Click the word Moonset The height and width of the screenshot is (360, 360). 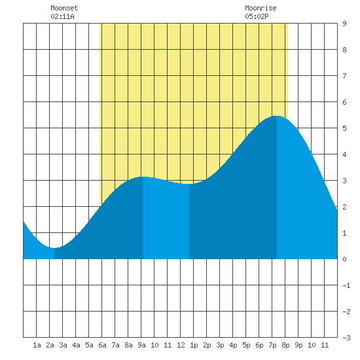tap(64, 8)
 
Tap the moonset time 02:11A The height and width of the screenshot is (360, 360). tap(62, 16)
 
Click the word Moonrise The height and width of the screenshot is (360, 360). tap(261, 8)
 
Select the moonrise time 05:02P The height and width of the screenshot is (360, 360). tap(257, 16)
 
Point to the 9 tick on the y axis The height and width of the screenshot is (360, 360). tap(344, 24)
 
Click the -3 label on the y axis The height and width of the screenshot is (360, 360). tap(346, 338)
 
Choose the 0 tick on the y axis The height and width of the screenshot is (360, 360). tap(344, 259)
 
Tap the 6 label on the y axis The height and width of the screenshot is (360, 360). tap(344, 102)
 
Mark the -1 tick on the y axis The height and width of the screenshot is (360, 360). tap(346, 285)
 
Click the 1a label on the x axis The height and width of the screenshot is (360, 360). tap(37, 345)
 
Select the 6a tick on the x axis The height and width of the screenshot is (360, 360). tap(102, 345)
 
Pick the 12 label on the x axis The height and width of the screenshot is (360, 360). tap(181, 345)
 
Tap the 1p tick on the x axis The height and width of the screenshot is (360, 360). tap(194, 345)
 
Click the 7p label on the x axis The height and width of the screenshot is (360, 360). tap(272, 345)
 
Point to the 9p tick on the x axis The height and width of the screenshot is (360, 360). tap(298, 345)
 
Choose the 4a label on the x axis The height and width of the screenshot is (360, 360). tap(76, 345)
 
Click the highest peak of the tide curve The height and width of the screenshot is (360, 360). tap(277, 116)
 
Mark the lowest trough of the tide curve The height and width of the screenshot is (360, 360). tap(54, 248)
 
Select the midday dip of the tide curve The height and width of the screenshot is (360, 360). tap(189, 184)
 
